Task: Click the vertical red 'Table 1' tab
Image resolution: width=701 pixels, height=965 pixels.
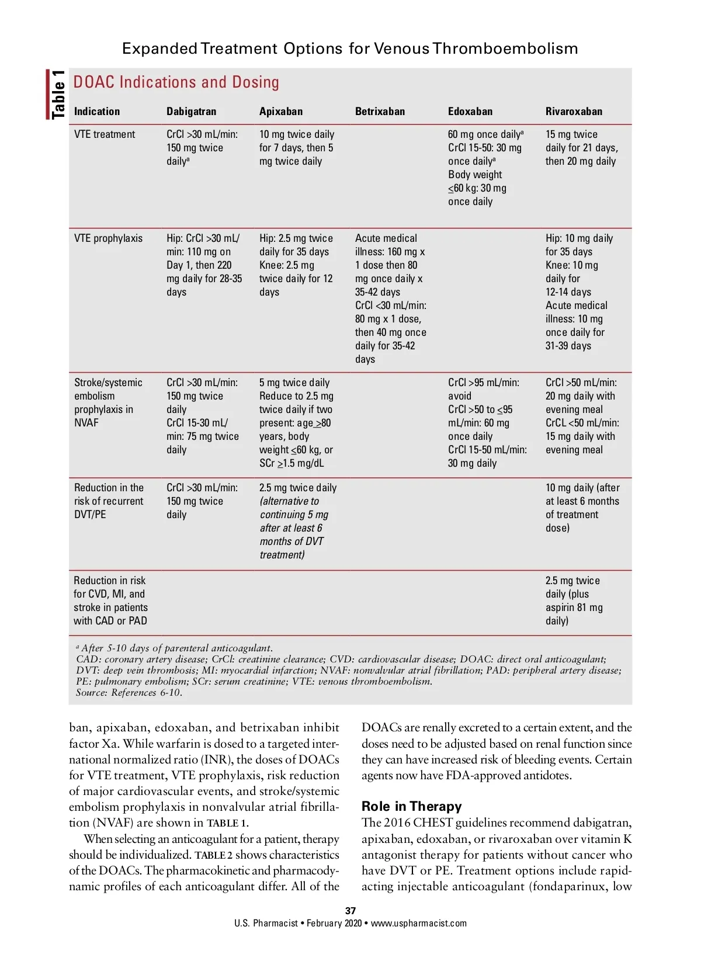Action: (57, 95)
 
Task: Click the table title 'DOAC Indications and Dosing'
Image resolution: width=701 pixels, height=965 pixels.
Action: (176, 82)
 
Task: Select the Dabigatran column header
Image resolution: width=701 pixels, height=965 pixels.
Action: (191, 112)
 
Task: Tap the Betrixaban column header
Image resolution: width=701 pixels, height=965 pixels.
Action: (380, 112)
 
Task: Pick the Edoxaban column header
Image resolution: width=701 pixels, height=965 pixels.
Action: (470, 112)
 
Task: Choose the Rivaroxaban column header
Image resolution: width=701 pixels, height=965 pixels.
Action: (574, 112)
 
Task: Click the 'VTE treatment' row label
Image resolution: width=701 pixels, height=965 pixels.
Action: (105, 134)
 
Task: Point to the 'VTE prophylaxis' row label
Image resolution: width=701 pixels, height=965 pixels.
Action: (108, 238)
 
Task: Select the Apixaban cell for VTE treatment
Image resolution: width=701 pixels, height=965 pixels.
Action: (297, 148)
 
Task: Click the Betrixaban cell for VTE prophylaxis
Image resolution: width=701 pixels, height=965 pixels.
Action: (390, 298)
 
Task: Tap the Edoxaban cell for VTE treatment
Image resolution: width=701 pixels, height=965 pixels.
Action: (485, 168)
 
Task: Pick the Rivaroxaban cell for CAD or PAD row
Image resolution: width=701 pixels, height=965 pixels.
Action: (574, 600)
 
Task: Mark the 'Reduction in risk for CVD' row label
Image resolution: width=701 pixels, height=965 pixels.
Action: (110, 600)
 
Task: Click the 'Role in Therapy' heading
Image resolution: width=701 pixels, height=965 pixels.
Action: (411, 806)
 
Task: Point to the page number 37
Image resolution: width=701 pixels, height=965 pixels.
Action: (350, 911)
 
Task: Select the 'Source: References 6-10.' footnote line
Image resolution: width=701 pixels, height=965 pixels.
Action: (129, 693)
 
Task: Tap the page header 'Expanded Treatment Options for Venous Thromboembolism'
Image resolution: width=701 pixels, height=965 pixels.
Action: (350, 48)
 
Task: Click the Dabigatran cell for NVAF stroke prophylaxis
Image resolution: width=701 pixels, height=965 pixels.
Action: (202, 416)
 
